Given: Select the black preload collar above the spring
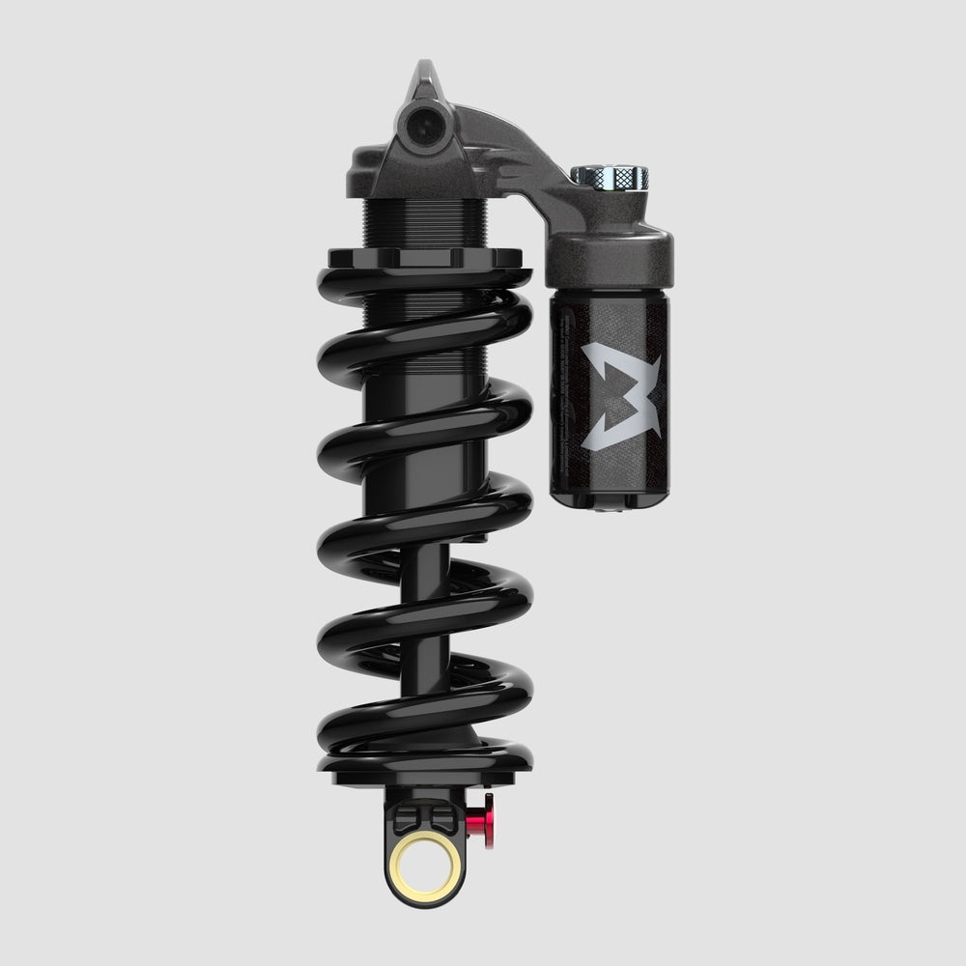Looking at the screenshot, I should tap(425, 259).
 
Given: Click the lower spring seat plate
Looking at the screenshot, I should tap(425, 773).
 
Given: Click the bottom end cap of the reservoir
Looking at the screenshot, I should tap(609, 500).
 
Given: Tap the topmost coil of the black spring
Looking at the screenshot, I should tap(425, 290).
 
